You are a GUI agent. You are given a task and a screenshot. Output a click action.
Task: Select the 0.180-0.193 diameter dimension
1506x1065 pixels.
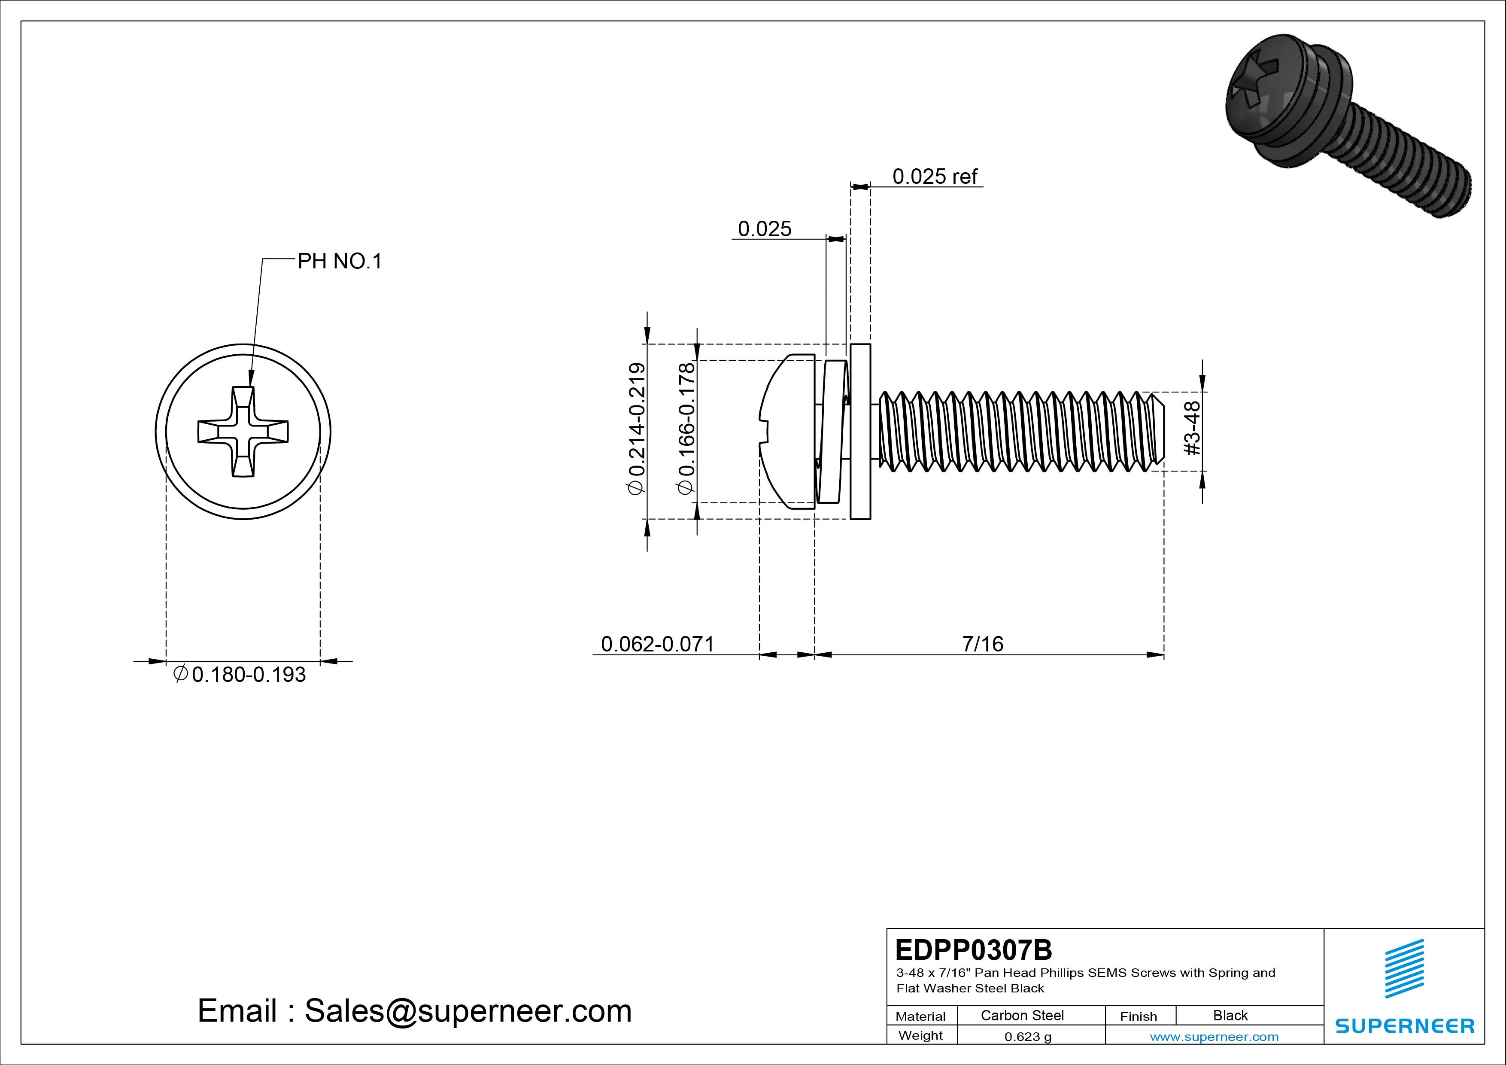click(x=248, y=675)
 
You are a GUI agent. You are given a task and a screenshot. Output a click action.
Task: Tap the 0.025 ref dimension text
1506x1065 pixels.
click(x=934, y=176)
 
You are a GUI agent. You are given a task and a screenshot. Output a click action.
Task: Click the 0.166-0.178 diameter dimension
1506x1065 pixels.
click(x=686, y=428)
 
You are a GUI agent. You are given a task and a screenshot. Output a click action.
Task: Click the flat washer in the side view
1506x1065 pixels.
click(x=860, y=431)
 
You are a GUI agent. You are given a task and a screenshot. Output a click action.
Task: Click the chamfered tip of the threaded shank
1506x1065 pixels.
click(x=1157, y=431)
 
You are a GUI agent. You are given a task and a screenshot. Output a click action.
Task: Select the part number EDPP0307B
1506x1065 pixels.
click(x=973, y=949)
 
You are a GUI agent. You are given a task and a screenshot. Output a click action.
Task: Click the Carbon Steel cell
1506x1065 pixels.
click(x=1022, y=1015)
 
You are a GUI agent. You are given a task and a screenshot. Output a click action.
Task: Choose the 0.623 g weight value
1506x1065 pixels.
click(x=1028, y=1037)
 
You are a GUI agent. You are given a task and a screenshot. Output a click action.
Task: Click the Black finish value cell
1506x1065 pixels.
click(x=1230, y=1015)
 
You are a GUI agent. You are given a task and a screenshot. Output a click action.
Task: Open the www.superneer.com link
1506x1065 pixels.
click(x=1214, y=1037)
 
